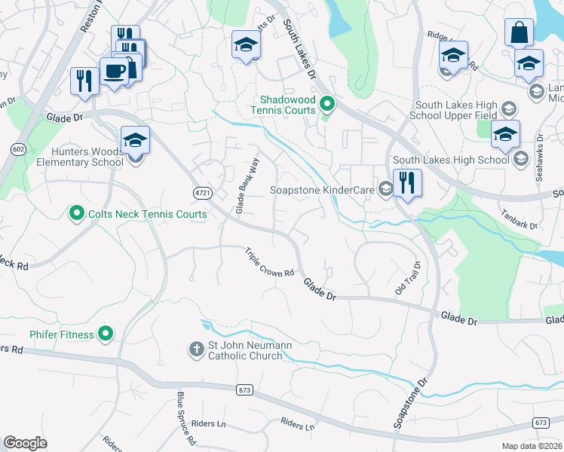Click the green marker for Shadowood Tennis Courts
(x=326, y=104)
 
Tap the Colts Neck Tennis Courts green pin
(x=76, y=214)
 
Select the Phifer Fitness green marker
(x=106, y=333)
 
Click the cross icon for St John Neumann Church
(x=195, y=349)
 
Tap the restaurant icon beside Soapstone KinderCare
(x=406, y=183)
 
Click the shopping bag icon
(x=518, y=34)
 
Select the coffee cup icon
(x=114, y=72)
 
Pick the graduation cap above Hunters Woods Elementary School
(x=135, y=141)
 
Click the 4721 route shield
(x=201, y=193)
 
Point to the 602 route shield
(x=18, y=149)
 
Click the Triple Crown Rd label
(x=269, y=263)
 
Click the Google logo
(x=25, y=442)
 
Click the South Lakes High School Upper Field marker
(x=509, y=108)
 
